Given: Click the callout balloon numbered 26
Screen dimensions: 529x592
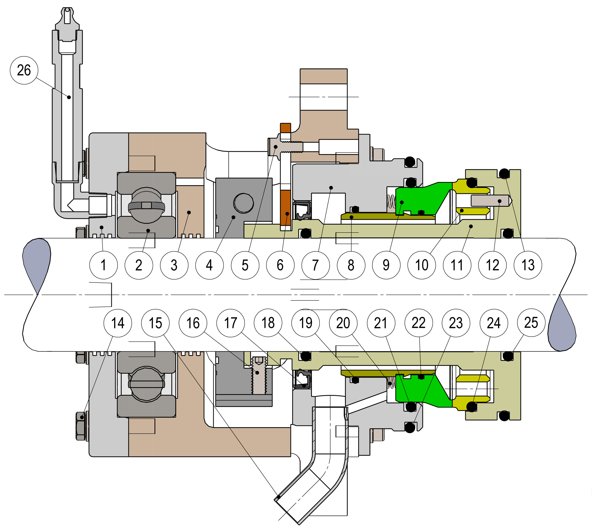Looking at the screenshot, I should click(24, 70).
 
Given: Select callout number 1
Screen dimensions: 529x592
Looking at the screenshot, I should click(104, 265).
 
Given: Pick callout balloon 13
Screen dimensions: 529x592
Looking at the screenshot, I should click(528, 265).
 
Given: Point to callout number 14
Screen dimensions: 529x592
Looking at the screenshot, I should click(118, 323).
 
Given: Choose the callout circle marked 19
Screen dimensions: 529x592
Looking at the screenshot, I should click(305, 323).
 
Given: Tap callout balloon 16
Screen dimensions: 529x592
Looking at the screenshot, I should click(193, 323).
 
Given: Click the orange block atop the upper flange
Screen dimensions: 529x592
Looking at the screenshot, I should click(285, 128).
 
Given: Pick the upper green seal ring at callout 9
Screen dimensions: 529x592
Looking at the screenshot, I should click(419, 198).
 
